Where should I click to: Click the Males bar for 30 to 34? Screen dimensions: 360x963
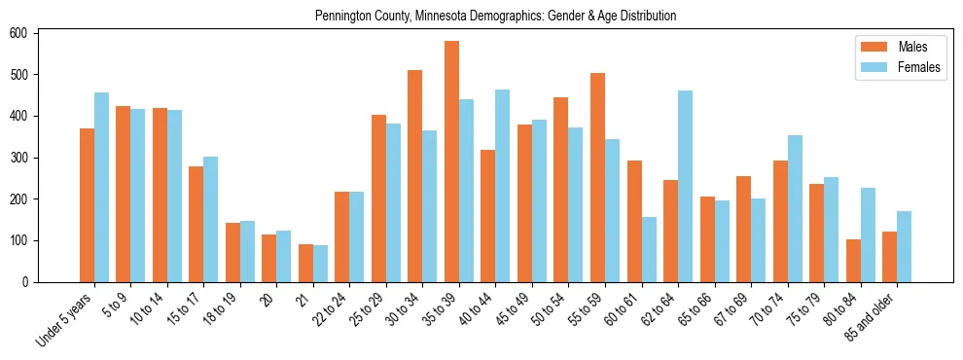tap(415, 176)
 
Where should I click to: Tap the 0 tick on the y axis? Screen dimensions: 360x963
tap(31, 282)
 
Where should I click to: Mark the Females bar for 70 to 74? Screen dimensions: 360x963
tap(795, 208)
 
